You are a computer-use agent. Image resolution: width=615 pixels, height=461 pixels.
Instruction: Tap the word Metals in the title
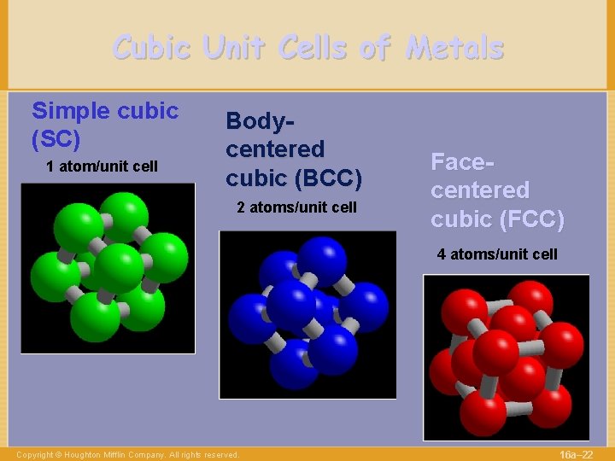(454, 48)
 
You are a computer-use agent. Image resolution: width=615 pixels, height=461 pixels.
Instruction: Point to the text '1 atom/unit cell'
(102, 166)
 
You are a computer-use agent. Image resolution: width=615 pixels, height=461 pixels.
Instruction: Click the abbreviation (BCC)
(329, 178)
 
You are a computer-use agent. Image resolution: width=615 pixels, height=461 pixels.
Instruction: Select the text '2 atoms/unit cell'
(296, 207)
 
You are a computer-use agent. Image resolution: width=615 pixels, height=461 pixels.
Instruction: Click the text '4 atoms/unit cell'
(497, 254)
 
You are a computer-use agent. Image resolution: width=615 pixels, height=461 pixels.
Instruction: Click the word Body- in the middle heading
(261, 121)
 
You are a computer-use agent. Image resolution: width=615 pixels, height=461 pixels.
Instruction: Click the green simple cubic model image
(108, 268)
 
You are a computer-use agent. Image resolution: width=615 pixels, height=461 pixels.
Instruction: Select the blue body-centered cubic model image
(307, 314)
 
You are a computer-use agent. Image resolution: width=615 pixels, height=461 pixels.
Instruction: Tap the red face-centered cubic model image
(506, 357)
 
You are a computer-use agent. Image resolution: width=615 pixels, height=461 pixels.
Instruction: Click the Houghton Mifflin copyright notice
(127, 455)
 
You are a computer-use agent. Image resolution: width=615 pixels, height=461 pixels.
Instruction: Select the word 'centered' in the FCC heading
(479, 190)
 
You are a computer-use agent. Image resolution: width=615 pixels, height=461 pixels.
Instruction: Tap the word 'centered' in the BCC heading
(275, 149)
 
